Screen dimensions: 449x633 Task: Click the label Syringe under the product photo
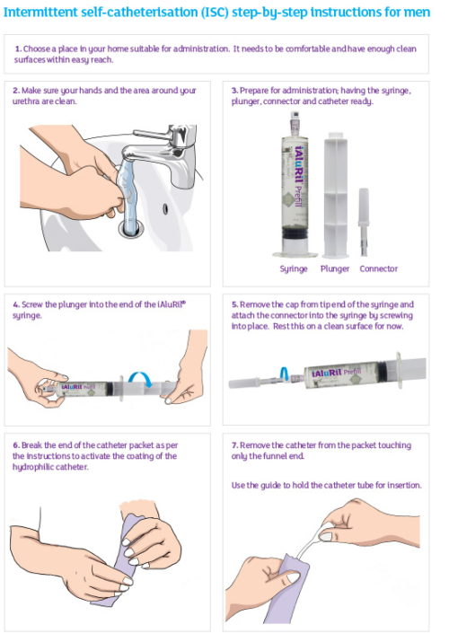294,269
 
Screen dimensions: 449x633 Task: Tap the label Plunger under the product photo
335,268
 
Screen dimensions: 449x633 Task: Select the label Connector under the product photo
379,268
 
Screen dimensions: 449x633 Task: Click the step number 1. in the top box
18,48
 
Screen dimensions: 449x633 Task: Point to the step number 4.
16,304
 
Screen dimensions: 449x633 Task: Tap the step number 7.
234,445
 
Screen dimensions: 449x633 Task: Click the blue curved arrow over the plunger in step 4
140,379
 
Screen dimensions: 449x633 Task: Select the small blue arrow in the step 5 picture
285,374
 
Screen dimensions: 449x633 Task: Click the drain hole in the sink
131,228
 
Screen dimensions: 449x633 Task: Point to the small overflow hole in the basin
165,209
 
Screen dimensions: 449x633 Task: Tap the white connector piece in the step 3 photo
364,222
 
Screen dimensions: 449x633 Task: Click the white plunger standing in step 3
335,195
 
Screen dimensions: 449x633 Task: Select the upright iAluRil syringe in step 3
295,185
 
